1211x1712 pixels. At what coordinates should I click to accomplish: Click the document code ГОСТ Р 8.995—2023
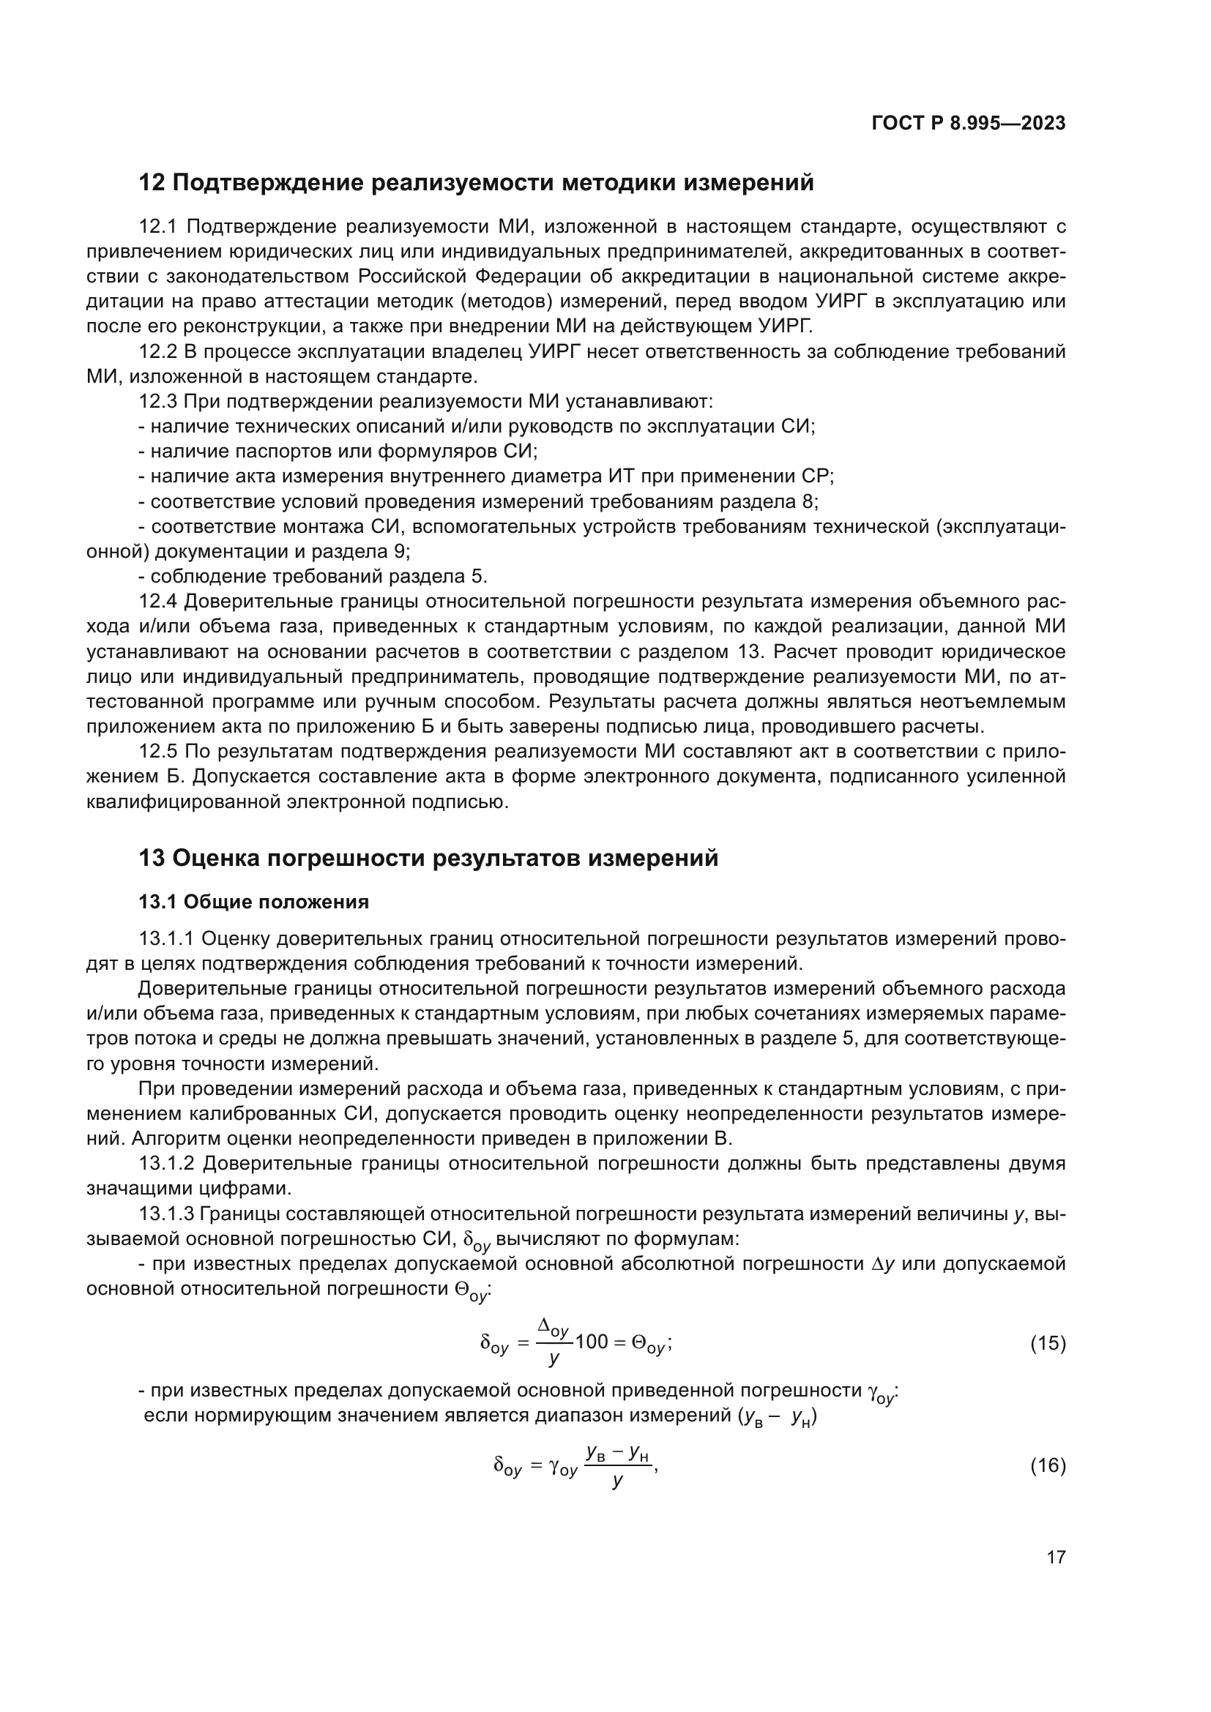(968, 124)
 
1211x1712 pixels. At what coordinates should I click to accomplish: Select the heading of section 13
(428, 859)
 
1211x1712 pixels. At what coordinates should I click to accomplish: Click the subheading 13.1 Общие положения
(253, 902)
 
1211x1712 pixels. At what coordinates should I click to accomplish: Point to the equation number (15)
(1048, 1344)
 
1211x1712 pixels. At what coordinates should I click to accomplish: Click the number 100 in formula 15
(592, 1343)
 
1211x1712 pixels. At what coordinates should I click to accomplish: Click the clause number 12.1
(157, 227)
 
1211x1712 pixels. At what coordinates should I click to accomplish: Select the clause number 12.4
(157, 602)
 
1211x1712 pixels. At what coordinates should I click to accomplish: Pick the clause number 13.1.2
(166, 1164)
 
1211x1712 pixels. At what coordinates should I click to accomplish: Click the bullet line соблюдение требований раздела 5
(313, 576)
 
